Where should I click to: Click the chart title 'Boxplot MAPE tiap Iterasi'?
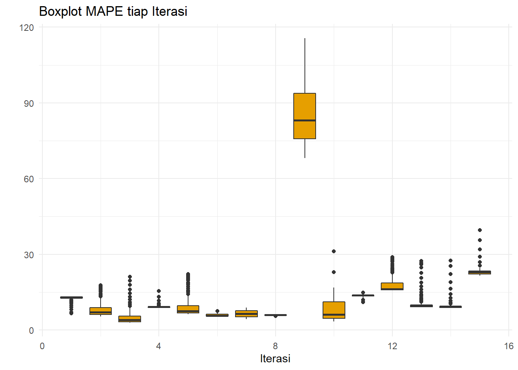[x=113, y=12]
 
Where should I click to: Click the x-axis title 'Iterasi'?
[x=275, y=358]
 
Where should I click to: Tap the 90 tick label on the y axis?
[x=29, y=103]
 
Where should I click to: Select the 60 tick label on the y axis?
[x=29, y=179]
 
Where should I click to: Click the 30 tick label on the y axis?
[x=29, y=255]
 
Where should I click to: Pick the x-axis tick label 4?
[x=158, y=346]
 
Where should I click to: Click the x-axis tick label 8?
[x=275, y=346]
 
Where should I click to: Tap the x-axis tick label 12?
[x=392, y=346]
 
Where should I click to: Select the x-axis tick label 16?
[x=508, y=346]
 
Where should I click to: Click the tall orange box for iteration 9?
[x=304, y=108]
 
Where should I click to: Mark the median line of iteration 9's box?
[x=304, y=120]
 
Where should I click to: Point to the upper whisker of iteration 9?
[x=305, y=66]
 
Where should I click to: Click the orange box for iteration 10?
[x=334, y=308]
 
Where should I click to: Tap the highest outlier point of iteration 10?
[x=334, y=251]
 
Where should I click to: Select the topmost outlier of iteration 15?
[x=480, y=230]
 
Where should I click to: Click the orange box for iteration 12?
[x=392, y=286]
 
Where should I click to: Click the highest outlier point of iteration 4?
[x=159, y=291]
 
